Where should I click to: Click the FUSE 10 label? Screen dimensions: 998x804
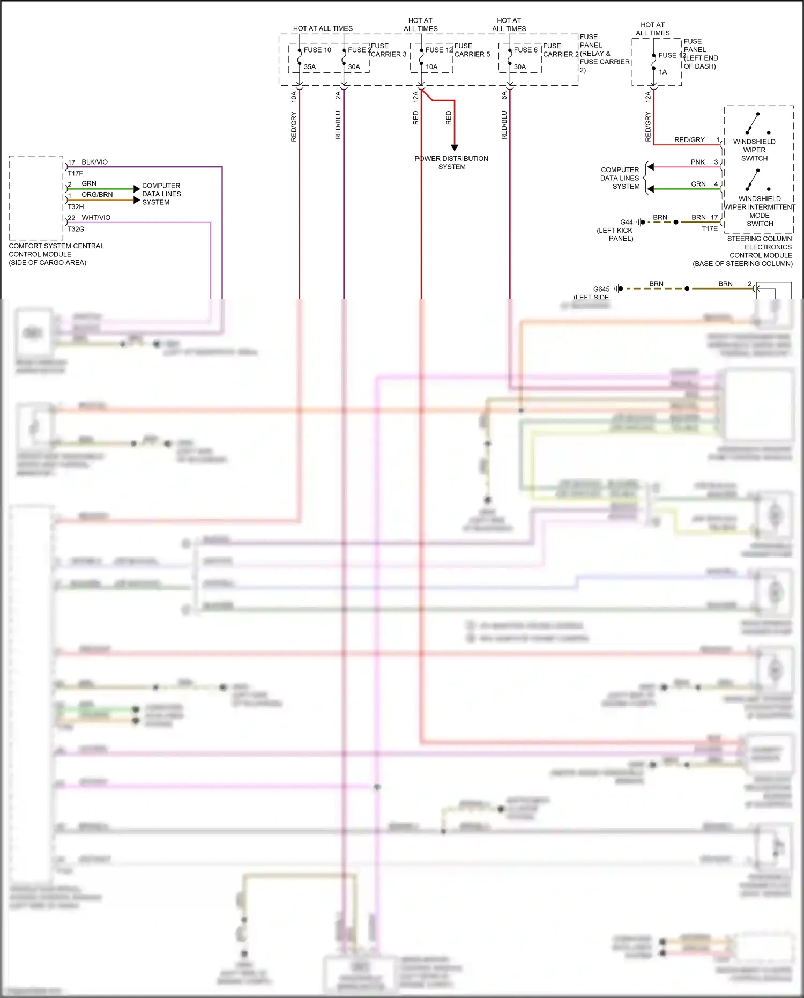click(x=317, y=50)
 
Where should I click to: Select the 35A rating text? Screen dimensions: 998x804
click(x=310, y=67)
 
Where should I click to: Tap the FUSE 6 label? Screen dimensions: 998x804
click(x=525, y=50)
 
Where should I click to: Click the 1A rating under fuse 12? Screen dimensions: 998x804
click(x=663, y=72)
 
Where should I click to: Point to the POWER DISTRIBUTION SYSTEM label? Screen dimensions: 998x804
click(x=451, y=162)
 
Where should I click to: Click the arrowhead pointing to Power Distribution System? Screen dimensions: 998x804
click(x=455, y=147)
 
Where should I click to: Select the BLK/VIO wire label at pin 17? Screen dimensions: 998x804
click(x=94, y=162)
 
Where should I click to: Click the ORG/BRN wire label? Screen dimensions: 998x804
click(x=97, y=195)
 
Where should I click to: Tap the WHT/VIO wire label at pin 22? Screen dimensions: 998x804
click(x=96, y=218)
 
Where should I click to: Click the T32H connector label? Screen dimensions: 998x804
click(x=76, y=206)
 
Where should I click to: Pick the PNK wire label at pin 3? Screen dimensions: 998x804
click(x=697, y=162)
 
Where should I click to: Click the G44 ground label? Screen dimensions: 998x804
click(x=627, y=222)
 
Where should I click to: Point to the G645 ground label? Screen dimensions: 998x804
click(x=601, y=289)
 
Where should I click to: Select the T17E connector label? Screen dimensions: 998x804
click(x=710, y=228)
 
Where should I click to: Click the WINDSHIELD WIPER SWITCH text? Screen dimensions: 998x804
click(x=754, y=150)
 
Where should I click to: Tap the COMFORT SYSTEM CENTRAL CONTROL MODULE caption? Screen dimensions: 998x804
click(x=56, y=254)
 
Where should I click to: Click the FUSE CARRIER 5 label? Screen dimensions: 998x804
click(x=472, y=50)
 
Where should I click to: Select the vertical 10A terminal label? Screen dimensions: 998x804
click(x=294, y=97)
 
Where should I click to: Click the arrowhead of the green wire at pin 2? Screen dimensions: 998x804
click(x=137, y=189)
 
